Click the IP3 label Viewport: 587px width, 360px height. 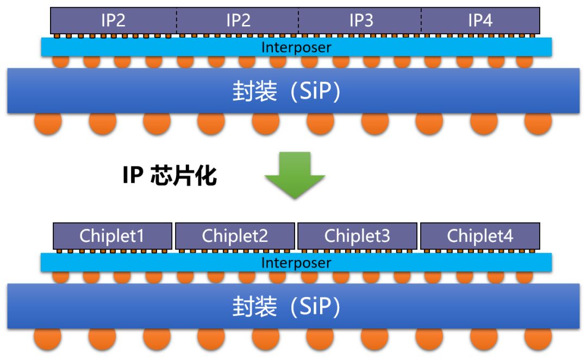click(x=361, y=21)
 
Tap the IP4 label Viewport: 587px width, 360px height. click(x=480, y=21)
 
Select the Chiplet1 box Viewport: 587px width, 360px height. click(x=113, y=236)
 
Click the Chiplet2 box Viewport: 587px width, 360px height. click(x=235, y=236)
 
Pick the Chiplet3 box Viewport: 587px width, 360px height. click(x=357, y=236)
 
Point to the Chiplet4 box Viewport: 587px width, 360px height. click(x=480, y=236)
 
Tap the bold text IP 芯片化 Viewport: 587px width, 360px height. click(x=169, y=176)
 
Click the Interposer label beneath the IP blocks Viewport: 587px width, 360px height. click(x=296, y=47)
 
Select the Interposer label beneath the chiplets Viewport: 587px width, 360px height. click(x=296, y=263)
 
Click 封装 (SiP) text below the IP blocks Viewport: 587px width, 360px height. click(x=286, y=91)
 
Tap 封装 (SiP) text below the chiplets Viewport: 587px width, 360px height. click(x=286, y=307)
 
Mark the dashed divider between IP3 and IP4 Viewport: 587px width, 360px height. click(x=421, y=21)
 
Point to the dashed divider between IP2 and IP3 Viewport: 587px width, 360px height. click(x=298, y=21)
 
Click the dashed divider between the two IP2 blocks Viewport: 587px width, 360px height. click(x=176, y=21)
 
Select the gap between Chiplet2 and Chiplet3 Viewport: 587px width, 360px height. click(x=296, y=236)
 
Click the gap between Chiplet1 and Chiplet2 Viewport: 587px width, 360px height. click(x=173, y=236)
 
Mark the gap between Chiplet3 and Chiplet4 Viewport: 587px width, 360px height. click(x=419, y=236)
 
